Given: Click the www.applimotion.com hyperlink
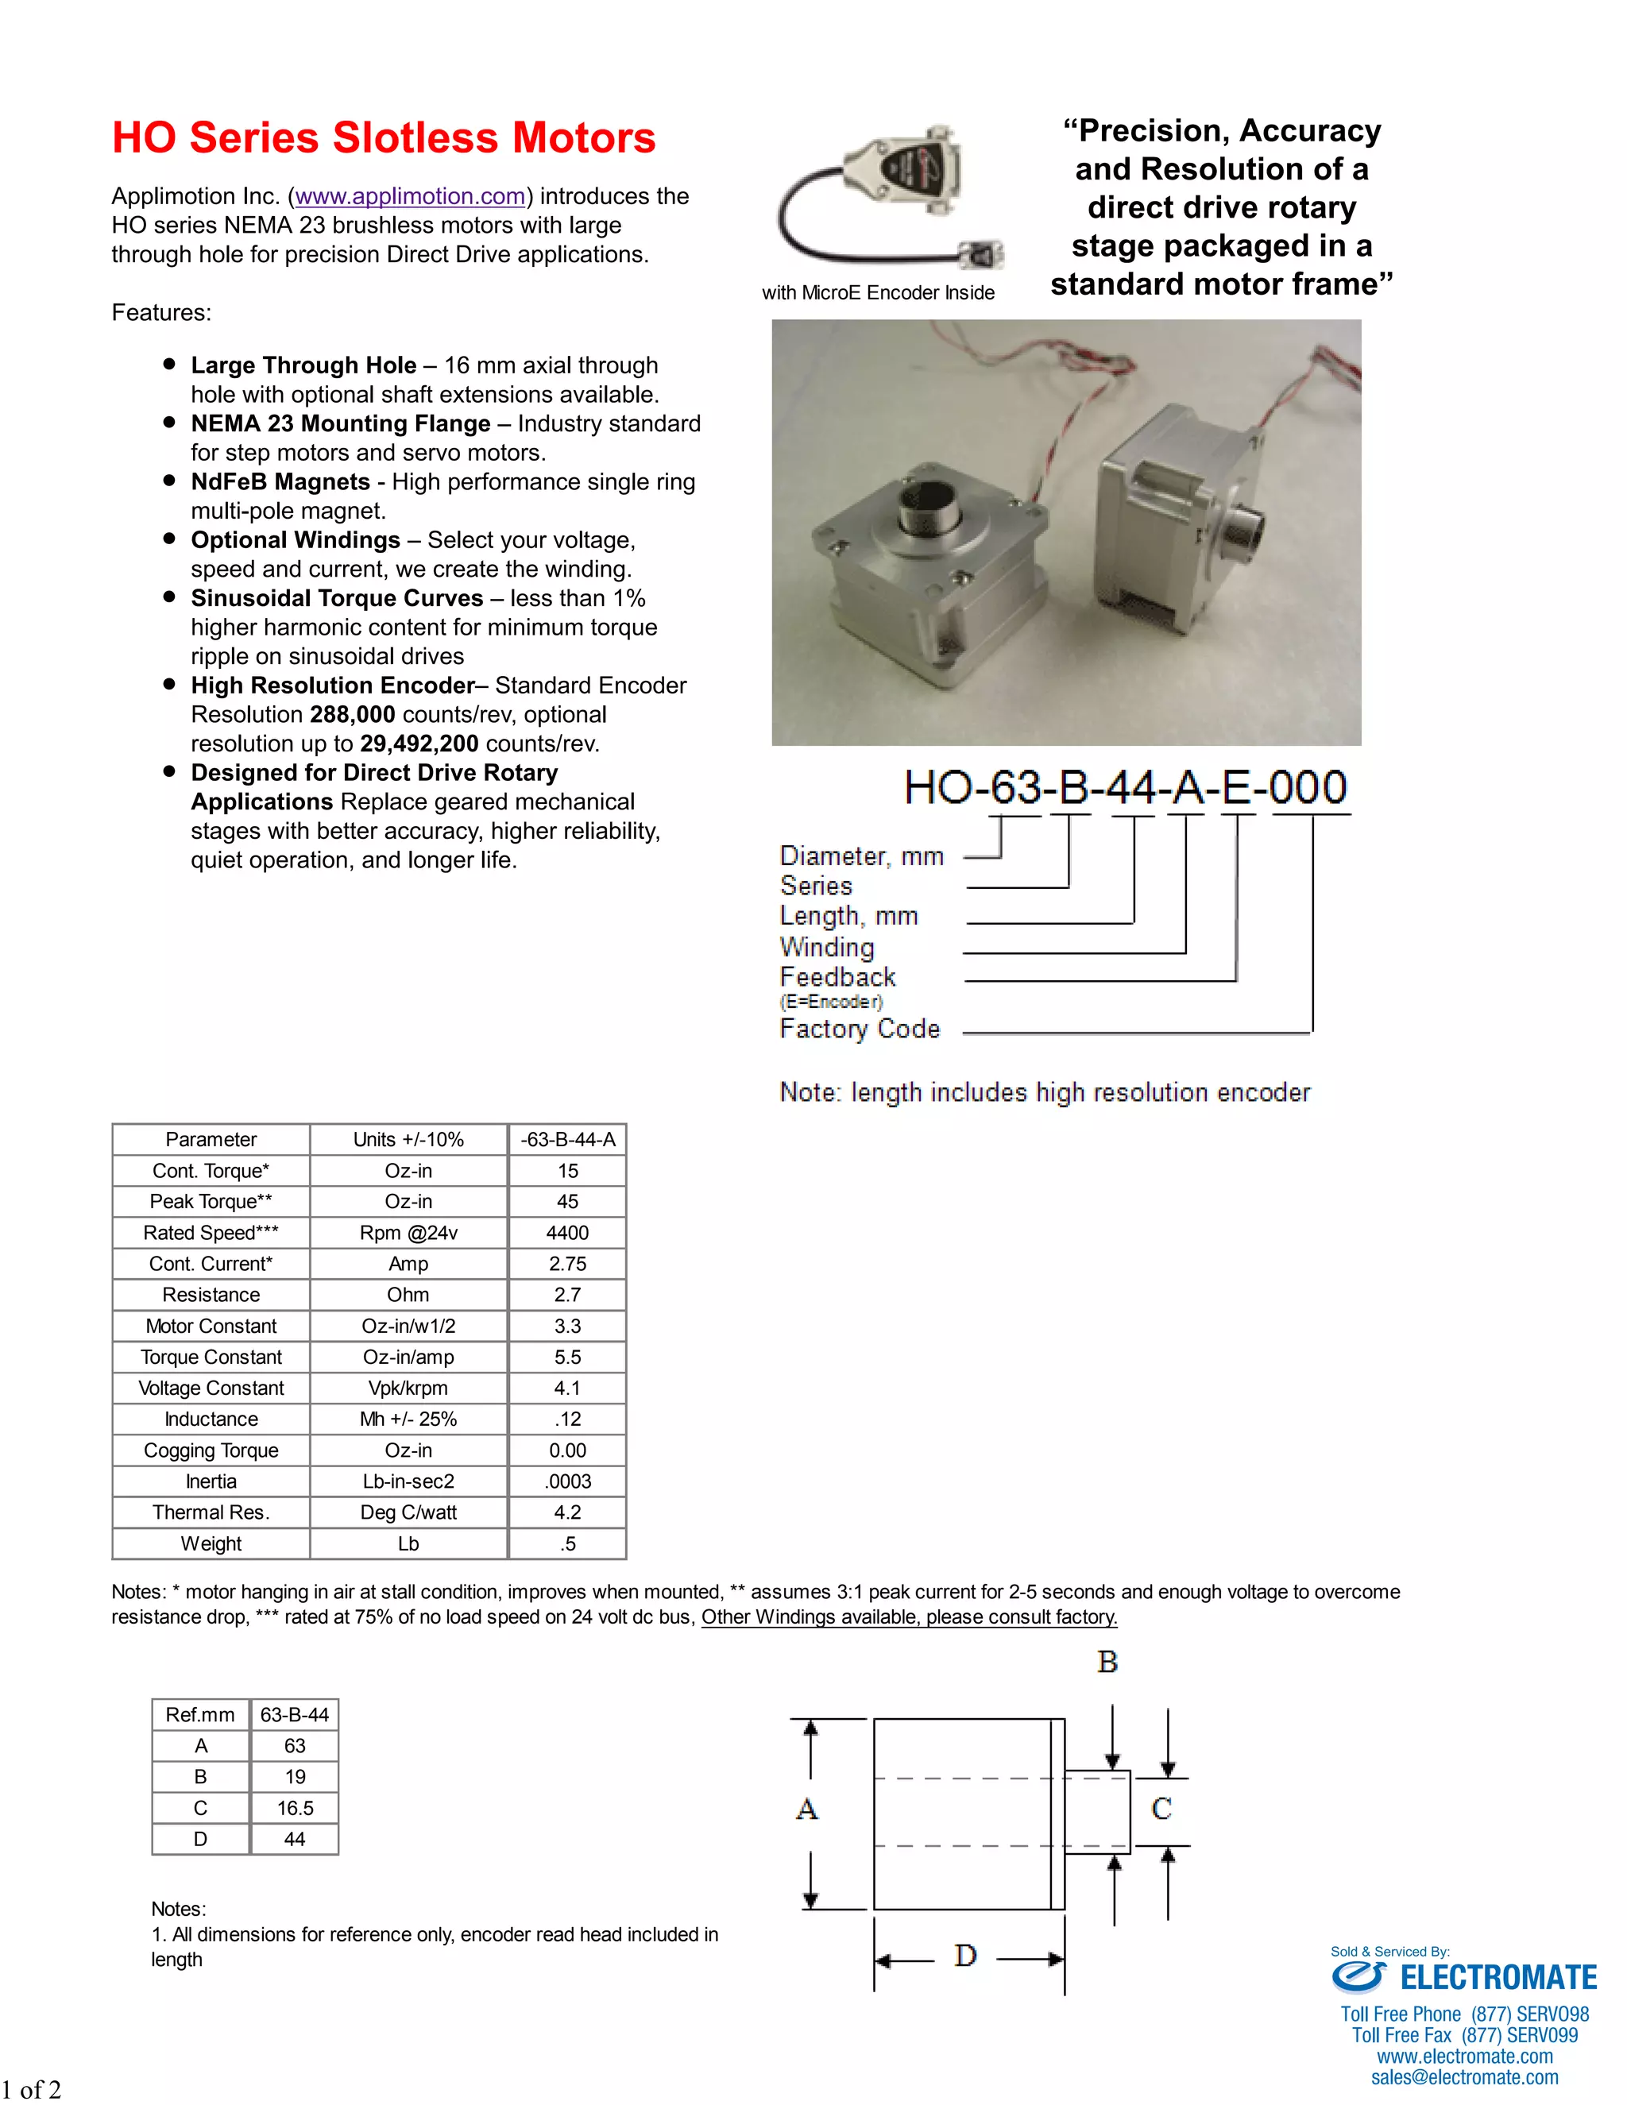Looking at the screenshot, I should coord(410,197).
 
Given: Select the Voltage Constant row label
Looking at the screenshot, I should coord(211,1388).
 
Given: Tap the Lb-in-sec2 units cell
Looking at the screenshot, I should coord(408,1481).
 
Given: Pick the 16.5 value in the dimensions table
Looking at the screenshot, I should coord(295,1808).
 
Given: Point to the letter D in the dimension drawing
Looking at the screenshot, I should coord(964,1956).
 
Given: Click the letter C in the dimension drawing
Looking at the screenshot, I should coord(1161,1809).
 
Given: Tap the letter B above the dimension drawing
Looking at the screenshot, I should coord(1107,1663).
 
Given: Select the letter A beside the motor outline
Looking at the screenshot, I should coord(807,1809).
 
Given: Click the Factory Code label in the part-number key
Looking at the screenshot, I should coord(859,1029).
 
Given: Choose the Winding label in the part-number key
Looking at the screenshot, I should coord(827,948).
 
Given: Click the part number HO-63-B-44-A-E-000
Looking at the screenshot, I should coord(1125,787).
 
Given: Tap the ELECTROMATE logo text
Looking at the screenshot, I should coord(1498,1979).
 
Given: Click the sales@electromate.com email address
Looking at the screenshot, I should coord(1464,2078).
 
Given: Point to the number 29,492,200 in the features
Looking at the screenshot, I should coord(419,744).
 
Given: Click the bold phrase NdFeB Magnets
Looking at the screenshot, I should coord(280,482).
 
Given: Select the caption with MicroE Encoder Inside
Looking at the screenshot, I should coord(878,293).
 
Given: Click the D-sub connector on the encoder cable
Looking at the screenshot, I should coord(903,167).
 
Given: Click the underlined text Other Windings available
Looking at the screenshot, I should coord(909,1617).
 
